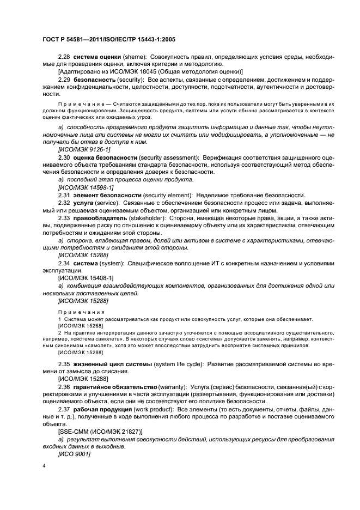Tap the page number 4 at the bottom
pos(44,466)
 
